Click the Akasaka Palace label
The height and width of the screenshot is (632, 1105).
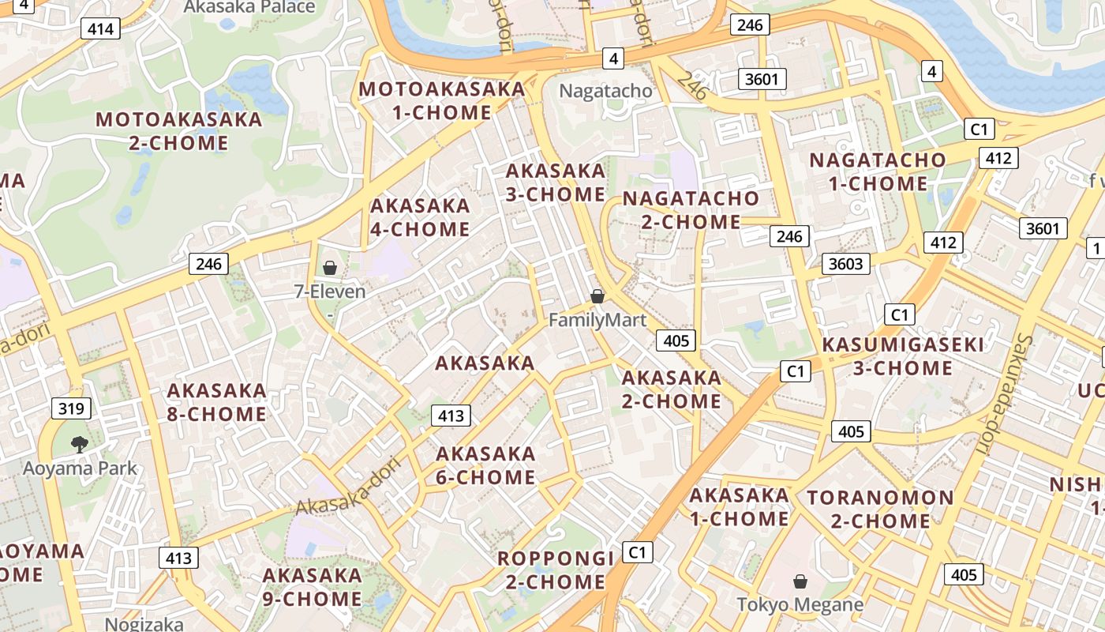click(x=249, y=7)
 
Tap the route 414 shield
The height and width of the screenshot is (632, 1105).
click(x=101, y=30)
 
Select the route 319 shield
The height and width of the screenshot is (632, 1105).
click(x=71, y=408)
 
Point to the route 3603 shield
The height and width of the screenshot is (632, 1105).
click(x=845, y=263)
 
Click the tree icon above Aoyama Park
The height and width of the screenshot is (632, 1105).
click(x=79, y=445)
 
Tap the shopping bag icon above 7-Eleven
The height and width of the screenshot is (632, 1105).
click(x=330, y=269)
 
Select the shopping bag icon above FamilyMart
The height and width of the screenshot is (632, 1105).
click(x=597, y=296)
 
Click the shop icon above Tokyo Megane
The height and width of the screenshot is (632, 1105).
click(x=800, y=581)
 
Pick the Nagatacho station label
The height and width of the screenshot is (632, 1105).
click(x=606, y=91)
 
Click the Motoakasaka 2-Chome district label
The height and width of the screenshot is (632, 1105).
click(x=179, y=131)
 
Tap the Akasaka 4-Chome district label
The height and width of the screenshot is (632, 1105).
click(x=420, y=217)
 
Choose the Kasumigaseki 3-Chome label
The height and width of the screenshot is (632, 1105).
click(x=903, y=356)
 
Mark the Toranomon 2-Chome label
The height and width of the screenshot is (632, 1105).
click(x=880, y=510)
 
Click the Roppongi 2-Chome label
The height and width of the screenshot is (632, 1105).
click(x=556, y=570)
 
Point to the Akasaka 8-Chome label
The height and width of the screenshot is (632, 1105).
click(x=216, y=402)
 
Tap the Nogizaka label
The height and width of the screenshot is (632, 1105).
click(x=144, y=624)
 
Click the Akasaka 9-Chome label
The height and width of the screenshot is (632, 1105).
click(x=313, y=587)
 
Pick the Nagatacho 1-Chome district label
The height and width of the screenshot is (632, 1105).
click(x=878, y=171)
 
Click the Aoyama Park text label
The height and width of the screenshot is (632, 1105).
click(x=80, y=468)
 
